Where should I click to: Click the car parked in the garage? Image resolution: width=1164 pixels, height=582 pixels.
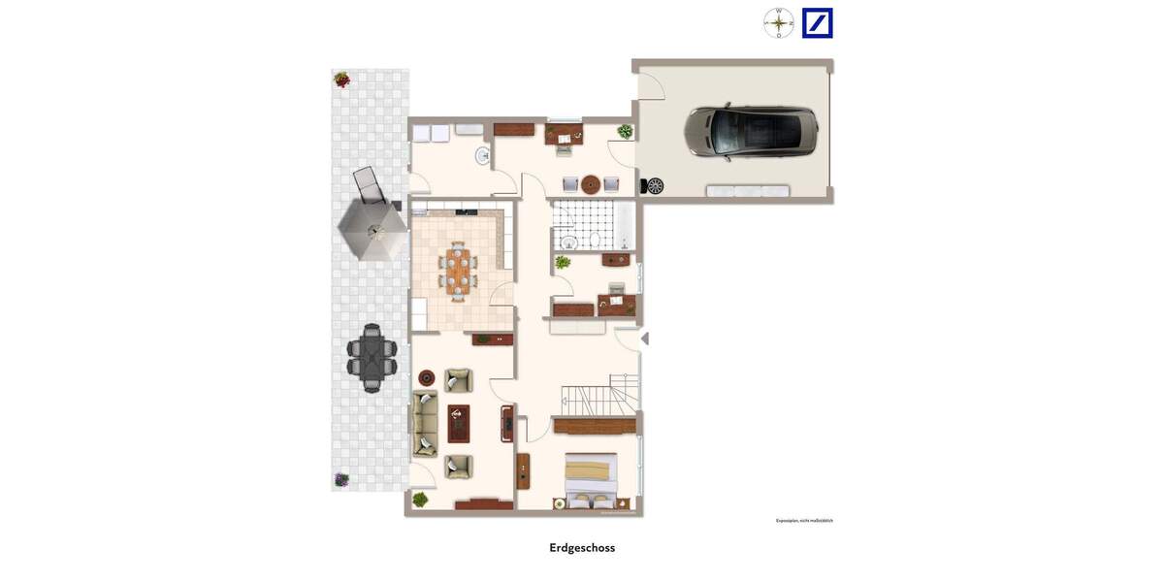click(x=751, y=132)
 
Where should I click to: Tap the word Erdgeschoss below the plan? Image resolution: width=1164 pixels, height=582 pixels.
click(x=582, y=548)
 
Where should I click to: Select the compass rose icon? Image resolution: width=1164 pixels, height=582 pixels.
click(x=778, y=22)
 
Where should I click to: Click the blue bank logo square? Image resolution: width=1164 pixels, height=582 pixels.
click(x=817, y=22)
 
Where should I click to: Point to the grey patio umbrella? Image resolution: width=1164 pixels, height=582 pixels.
click(x=372, y=231)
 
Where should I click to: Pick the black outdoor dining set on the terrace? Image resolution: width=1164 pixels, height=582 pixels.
click(x=372, y=356)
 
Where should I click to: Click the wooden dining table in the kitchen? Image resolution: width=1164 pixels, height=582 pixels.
click(x=458, y=270)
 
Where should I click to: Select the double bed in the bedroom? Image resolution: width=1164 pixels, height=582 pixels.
click(x=592, y=479)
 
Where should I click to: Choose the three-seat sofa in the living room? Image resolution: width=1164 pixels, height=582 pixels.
click(x=424, y=423)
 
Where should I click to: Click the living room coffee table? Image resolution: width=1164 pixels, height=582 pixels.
click(x=458, y=423)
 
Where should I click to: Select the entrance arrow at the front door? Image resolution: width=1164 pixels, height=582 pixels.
click(x=644, y=339)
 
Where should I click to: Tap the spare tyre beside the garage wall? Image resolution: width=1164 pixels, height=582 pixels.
click(x=655, y=185)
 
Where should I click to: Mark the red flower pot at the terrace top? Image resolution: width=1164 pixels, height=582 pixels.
click(x=341, y=80)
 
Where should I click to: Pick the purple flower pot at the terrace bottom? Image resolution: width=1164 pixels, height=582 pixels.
click(x=341, y=479)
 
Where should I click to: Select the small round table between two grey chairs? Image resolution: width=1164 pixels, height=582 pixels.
click(x=591, y=183)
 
